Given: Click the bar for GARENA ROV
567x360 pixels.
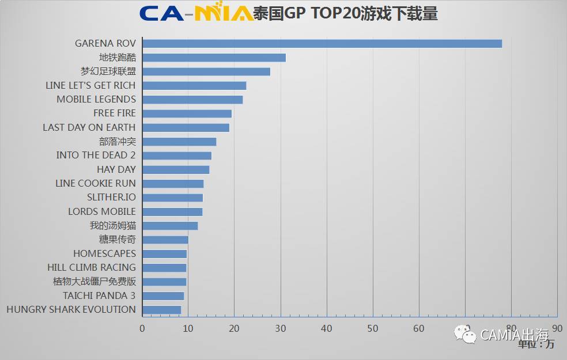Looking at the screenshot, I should (x=322, y=44).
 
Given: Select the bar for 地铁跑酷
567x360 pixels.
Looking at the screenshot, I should (x=214, y=58).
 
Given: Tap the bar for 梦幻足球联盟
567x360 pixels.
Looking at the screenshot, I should (x=206, y=71).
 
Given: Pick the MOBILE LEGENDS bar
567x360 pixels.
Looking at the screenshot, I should (x=192, y=100).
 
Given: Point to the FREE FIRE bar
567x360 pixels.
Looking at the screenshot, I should (x=187, y=113).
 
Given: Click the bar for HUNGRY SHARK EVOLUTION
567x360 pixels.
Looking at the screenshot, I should (x=162, y=310).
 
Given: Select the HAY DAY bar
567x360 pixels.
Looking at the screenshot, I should (x=176, y=169).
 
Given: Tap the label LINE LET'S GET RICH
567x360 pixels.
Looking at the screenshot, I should (x=90, y=85).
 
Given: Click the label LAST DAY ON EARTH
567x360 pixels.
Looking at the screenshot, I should (x=89, y=127).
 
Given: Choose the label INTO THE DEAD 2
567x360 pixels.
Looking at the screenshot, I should (x=96, y=156).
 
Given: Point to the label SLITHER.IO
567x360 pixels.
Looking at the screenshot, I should (x=111, y=198).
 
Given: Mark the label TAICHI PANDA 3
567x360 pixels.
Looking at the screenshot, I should (x=99, y=295).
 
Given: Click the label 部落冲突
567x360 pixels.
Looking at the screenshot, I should (x=117, y=141).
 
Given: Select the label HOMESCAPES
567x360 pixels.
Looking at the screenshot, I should (x=104, y=253).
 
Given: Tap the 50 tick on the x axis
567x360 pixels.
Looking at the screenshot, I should (x=373, y=328).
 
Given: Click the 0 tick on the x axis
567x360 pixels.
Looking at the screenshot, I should (x=142, y=328).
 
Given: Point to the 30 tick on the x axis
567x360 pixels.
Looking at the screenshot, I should (x=281, y=328).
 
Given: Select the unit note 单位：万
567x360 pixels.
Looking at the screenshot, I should (x=535, y=344).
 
